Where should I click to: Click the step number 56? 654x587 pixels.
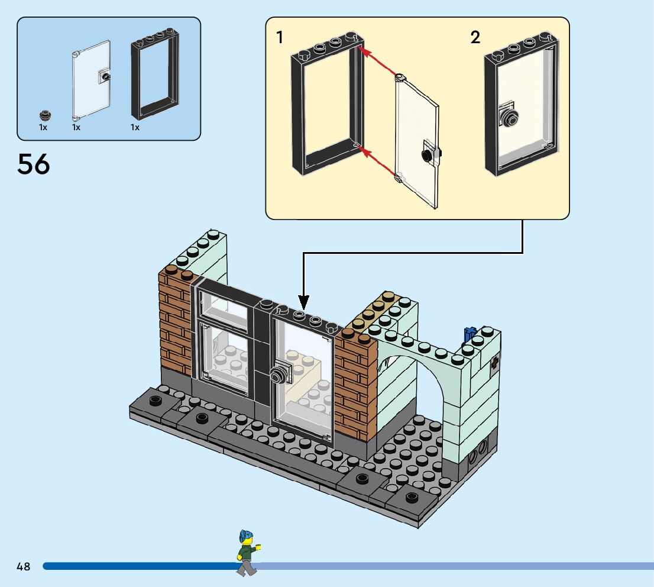tap(34, 164)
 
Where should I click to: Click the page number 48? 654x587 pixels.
tap(24, 566)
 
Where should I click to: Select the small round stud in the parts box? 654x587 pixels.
tap(44, 115)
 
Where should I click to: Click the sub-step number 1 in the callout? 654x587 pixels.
tap(280, 38)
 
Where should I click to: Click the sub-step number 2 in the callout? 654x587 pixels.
tap(475, 38)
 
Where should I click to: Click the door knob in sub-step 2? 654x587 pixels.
tap(509, 116)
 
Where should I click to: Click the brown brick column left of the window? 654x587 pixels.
tap(175, 322)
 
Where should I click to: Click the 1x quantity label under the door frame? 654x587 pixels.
tap(135, 127)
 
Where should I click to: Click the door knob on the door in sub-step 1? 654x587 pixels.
tap(426, 154)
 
